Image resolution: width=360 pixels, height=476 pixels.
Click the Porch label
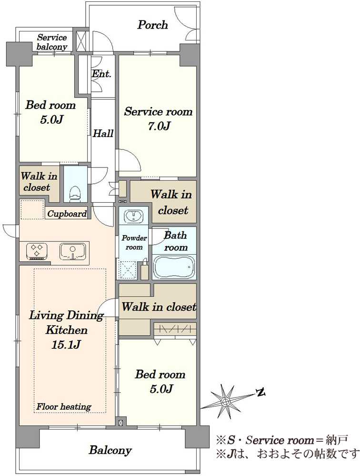coord(152,25)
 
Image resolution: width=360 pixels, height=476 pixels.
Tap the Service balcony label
coord(51,42)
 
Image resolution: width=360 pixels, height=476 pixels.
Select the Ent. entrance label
coord(101,74)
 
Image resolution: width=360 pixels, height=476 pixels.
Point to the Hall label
coord(103,133)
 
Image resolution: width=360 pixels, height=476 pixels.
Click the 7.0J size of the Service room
coord(159,126)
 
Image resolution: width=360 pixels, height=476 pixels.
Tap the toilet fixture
coord(75,193)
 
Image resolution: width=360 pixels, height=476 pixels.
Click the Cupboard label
coord(67,214)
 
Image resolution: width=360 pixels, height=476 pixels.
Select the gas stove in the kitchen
coord(37,251)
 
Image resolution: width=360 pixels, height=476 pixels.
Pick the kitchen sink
coord(73,251)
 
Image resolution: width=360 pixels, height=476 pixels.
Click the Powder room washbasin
coord(133,217)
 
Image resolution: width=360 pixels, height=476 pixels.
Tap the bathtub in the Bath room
coord(174,267)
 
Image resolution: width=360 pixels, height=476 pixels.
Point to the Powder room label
coord(134,243)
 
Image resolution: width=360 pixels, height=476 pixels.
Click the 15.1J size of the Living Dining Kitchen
coord(66,345)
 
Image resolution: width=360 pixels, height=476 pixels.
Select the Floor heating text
coord(64,407)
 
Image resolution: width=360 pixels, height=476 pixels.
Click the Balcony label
coord(110,450)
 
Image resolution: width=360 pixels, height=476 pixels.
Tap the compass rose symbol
coord(225,401)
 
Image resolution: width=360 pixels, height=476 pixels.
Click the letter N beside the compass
coord(260,393)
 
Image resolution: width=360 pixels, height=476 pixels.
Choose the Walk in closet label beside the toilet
coord(39,181)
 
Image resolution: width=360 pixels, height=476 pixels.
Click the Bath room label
coord(176,241)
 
